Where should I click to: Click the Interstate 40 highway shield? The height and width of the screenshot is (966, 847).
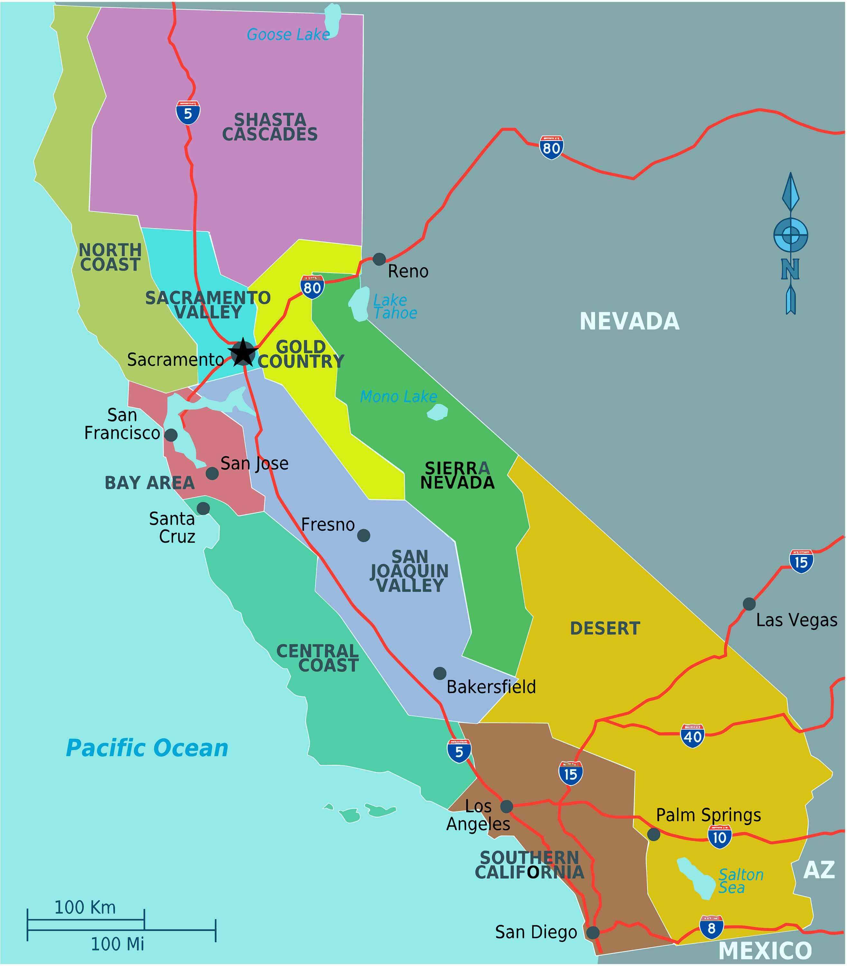click(x=693, y=736)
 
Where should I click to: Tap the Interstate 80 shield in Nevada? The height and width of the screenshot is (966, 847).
click(x=551, y=148)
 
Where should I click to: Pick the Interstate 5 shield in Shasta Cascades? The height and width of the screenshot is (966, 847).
click(x=188, y=112)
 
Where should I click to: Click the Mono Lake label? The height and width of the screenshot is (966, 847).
click(x=398, y=396)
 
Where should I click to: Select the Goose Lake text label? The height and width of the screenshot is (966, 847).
click(x=288, y=34)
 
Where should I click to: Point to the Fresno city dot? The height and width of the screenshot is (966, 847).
click(x=364, y=535)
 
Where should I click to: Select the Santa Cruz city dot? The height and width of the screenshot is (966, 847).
click(x=203, y=508)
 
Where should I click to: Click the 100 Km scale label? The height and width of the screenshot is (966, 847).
click(x=85, y=907)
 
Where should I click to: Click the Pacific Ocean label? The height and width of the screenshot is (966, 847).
click(x=147, y=748)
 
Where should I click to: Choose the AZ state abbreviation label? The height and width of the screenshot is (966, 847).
click(x=819, y=870)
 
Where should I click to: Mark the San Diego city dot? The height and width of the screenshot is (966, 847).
click(x=593, y=933)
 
